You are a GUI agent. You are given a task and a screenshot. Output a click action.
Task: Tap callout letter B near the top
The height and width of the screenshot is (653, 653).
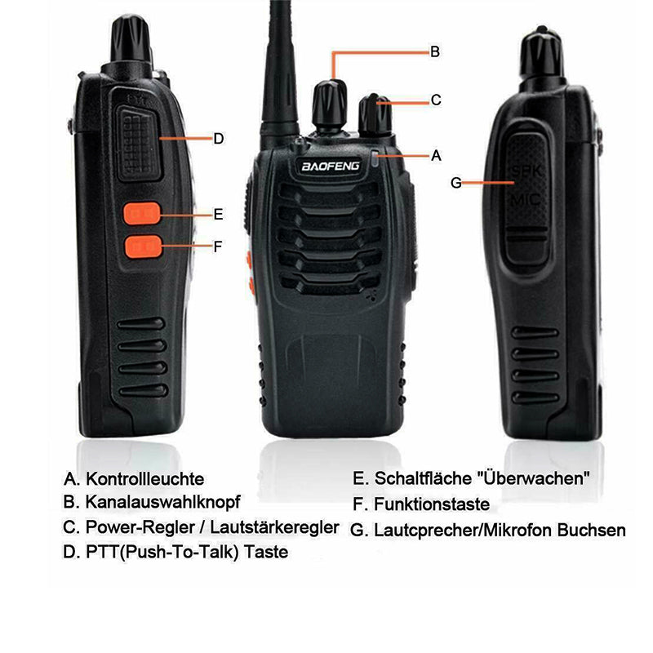point(435,51)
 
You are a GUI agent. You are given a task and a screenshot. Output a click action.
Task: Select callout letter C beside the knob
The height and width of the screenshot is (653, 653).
point(436,100)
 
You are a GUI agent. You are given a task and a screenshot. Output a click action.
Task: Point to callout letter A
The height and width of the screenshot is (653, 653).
point(436,154)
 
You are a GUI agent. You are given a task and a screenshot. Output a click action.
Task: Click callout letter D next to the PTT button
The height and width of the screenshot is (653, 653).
point(218,139)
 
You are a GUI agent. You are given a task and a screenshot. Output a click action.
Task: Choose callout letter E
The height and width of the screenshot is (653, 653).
point(218,215)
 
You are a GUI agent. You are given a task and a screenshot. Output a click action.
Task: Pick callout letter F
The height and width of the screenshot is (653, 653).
point(218,245)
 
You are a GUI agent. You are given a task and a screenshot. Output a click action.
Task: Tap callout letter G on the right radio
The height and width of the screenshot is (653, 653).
point(456,183)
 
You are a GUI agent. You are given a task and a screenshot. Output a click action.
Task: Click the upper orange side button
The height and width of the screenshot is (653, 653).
point(142,214)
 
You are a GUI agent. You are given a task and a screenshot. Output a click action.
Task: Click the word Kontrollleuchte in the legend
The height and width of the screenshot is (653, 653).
point(145,479)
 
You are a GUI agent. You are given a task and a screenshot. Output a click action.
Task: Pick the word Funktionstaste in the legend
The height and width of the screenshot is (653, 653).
point(432,504)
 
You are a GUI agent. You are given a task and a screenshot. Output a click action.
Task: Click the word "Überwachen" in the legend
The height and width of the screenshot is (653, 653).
point(536,479)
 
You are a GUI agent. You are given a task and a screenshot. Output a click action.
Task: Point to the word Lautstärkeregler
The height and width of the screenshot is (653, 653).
point(278,527)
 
